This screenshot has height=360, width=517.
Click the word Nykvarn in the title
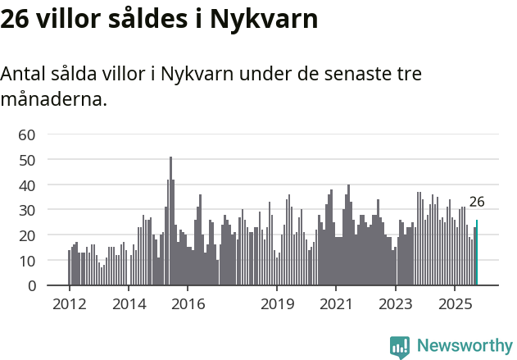pos(265,19)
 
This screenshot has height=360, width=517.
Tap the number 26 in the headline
pos(17,19)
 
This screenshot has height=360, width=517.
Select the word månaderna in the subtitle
pos(53,101)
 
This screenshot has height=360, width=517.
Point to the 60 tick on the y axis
pos(27,134)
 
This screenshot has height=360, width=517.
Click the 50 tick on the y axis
pos(27,160)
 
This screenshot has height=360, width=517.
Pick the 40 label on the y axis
pos(27,185)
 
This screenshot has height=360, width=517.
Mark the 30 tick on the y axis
pos(27,211)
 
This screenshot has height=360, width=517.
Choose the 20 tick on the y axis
pos(27,236)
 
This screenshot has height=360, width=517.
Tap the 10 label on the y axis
pos(27,261)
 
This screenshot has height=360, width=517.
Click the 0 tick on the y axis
pos(31,286)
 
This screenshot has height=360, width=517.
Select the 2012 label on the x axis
pos(69,304)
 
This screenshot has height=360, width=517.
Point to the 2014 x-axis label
pos(129,304)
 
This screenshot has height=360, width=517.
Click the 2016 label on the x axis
pos(188,304)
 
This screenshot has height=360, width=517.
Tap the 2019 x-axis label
pos(277,304)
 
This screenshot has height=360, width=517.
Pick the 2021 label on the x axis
pos(336,304)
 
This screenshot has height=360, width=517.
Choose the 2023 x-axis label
pos(396,304)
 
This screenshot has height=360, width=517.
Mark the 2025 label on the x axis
pos(456,304)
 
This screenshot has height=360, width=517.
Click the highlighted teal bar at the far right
pos(477,253)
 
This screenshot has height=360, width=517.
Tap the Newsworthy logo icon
pos(400,348)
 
